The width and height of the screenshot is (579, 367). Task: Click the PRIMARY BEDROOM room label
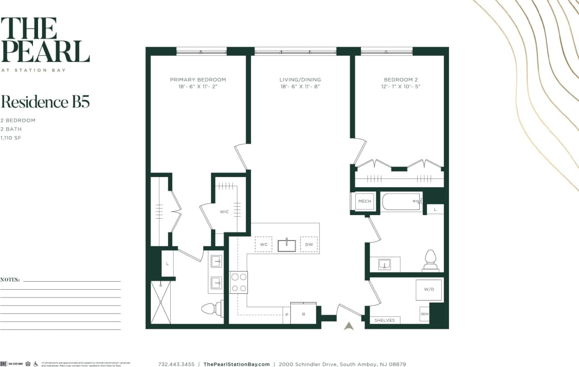198,80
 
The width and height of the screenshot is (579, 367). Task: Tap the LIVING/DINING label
300,80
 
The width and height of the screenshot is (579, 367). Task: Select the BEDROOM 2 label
401,80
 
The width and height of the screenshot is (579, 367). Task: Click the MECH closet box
365,201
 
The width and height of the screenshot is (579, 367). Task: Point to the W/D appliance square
429,290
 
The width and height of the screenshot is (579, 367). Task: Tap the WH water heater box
425,314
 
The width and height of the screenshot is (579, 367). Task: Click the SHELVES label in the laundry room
385,320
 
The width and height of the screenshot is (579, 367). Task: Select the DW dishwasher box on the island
309,244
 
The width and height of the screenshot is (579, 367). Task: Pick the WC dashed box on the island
264,244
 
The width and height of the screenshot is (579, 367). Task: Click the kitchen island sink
287,245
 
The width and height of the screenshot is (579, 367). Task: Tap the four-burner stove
239,282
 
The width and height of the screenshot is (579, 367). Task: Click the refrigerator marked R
303,314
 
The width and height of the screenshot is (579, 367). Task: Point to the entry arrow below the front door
349,326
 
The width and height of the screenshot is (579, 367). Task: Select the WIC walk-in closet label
224,212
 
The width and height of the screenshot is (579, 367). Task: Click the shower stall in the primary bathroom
161,302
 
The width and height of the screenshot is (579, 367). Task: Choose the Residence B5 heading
45,102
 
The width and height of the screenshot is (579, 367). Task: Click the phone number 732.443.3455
176,364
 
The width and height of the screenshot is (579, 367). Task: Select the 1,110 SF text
11,138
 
